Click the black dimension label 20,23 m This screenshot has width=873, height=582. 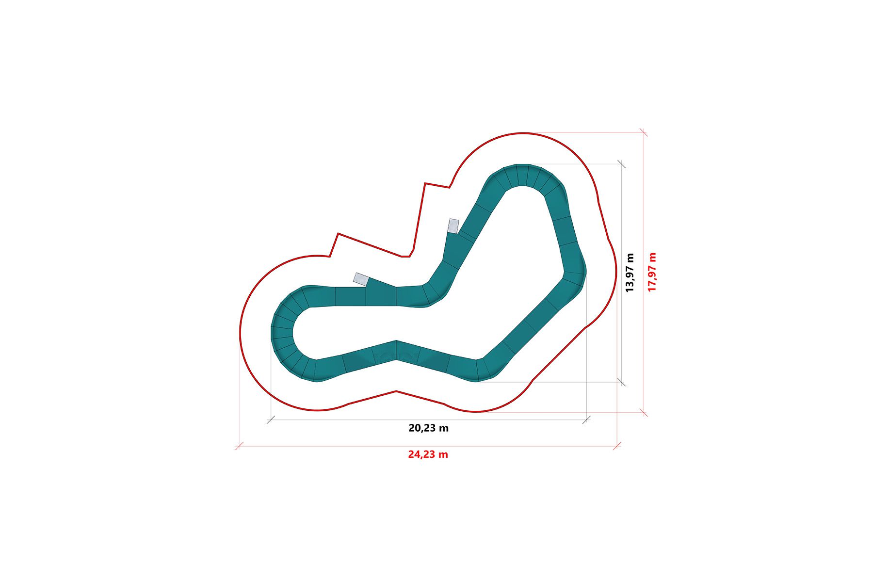pyautogui.click(x=428, y=428)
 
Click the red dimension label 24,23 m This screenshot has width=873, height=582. pyautogui.click(x=428, y=455)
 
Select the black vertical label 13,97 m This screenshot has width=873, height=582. pyautogui.click(x=630, y=273)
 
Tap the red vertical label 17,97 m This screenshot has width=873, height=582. pyautogui.click(x=652, y=272)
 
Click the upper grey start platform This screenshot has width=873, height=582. pyautogui.click(x=453, y=226)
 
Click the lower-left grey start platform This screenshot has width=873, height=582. pyautogui.click(x=361, y=279)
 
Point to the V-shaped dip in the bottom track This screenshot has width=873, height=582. pyautogui.click(x=396, y=351)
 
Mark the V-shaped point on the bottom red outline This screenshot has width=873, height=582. pyautogui.click(x=397, y=391)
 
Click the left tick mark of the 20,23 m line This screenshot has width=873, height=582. pyautogui.click(x=271, y=420)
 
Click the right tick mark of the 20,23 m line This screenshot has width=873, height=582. pyautogui.click(x=586, y=420)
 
